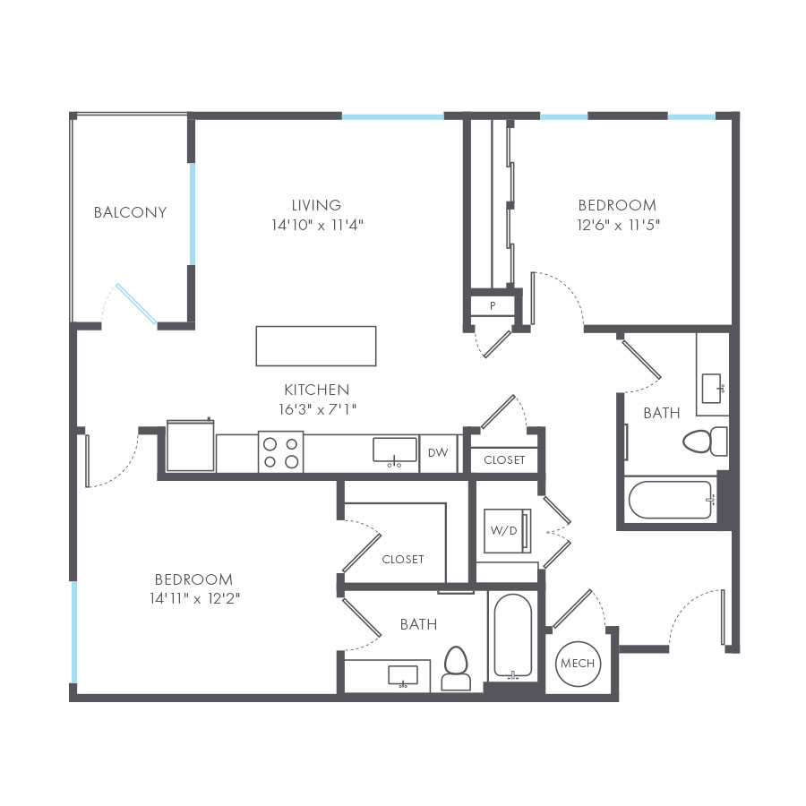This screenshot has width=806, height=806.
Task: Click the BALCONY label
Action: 130,212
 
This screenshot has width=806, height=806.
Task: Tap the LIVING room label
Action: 316,205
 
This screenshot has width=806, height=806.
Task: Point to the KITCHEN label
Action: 316,390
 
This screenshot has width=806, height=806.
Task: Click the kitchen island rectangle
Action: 315,346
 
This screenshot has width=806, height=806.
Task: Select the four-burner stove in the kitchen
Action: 280,451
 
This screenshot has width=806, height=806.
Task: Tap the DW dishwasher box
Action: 437,453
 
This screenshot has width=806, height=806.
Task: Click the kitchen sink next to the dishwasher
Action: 395,450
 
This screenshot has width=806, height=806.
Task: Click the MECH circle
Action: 577,664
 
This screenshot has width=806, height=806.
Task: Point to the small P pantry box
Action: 493,306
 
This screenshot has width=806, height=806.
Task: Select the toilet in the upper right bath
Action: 705,441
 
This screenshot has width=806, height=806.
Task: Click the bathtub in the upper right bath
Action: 670,500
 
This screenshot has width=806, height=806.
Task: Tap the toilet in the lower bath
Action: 456,669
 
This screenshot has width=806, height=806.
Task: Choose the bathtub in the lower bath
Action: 513,636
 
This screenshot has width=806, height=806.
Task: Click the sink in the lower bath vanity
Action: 403,675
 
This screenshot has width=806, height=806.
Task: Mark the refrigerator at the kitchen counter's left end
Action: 190,445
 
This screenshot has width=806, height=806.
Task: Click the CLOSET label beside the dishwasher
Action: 504,460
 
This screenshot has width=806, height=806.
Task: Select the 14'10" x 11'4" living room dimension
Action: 316,225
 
